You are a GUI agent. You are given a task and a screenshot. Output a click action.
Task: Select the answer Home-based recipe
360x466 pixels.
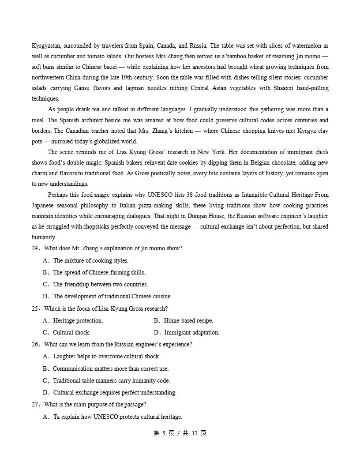[x=188, y=321]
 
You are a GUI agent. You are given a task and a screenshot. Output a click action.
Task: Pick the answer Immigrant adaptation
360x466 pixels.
[x=191, y=333]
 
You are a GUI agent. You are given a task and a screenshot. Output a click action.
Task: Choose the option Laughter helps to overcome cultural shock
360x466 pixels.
[x=106, y=357]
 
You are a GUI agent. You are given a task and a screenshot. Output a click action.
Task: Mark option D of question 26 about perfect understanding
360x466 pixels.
[x=115, y=393]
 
